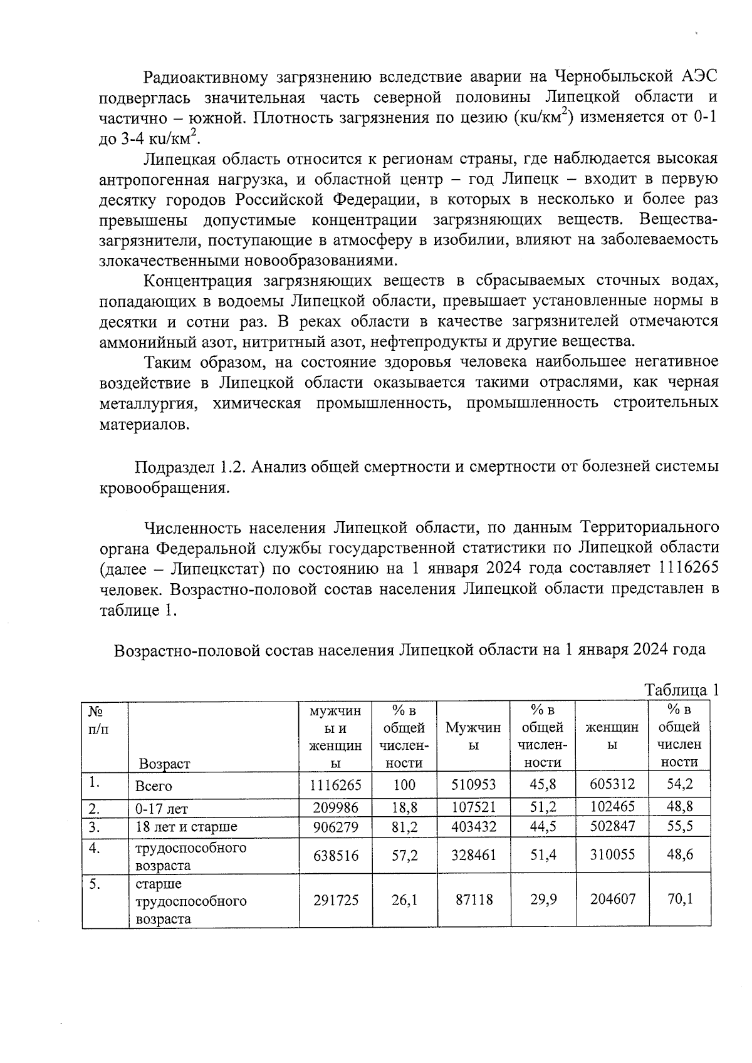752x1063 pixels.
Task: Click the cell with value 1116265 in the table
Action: [335, 784]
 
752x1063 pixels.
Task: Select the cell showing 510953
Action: [473, 784]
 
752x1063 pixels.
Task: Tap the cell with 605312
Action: [612, 784]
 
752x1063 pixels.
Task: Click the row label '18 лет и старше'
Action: [186, 827]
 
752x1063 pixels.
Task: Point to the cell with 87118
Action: [473, 900]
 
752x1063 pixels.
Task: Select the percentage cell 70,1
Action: [679, 900]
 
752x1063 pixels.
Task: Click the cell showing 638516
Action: [335, 855]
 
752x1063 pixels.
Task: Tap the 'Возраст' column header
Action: [164, 764]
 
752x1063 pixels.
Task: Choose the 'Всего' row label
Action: [154, 786]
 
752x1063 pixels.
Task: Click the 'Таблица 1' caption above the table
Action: [681, 690]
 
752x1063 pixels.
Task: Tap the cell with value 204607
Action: [612, 900]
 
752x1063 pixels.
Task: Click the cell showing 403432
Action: [473, 827]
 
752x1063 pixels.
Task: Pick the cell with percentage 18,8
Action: [404, 807]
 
